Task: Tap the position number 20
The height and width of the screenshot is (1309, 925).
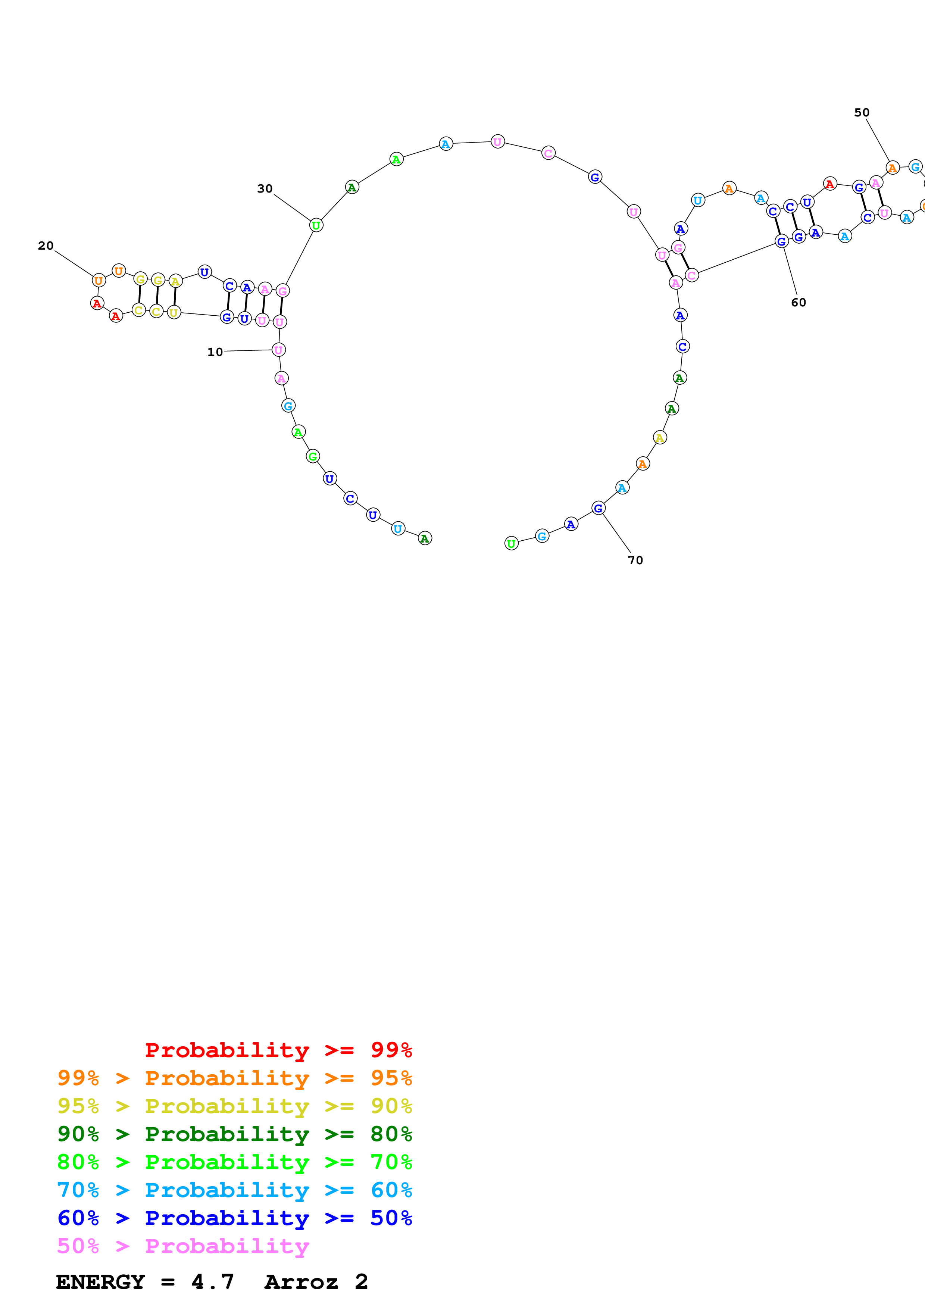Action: pyautogui.click(x=46, y=246)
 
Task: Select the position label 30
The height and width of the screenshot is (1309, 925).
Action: pyautogui.click(x=265, y=189)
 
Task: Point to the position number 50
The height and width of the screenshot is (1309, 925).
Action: pyautogui.click(x=861, y=113)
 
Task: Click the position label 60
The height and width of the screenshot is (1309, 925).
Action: pyautogui.click(x=798, y=303)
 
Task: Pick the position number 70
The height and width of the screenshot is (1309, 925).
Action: pyautogui.click(x=635, y=560)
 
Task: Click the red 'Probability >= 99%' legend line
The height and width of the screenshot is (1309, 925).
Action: pyautogui.click(x=278, y=1050)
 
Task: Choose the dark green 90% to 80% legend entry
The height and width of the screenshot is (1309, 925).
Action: pyautogui.click(x=234, y=1134)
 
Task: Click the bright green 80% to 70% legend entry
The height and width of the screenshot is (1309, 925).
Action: pyautogui.click(x=234, y=1162)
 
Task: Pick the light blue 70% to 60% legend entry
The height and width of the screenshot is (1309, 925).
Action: pyautogui.click(x=234, y=1190)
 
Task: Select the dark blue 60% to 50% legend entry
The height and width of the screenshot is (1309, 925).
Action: pyautogui.click(x=234, y=1218)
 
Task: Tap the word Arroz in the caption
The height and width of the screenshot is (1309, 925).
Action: pyautogui.click(x=301, y=1282)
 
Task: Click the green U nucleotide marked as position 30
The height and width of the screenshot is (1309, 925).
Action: pyautogui.click(x=316, y=225)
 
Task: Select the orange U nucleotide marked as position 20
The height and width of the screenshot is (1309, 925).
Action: pyautogui.click(x=99, y=281)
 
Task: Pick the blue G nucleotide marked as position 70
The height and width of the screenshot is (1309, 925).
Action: pyautogui.click(x=598, y=508)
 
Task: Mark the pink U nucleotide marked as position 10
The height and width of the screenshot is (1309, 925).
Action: pyautogui.click(x=278, y=350)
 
